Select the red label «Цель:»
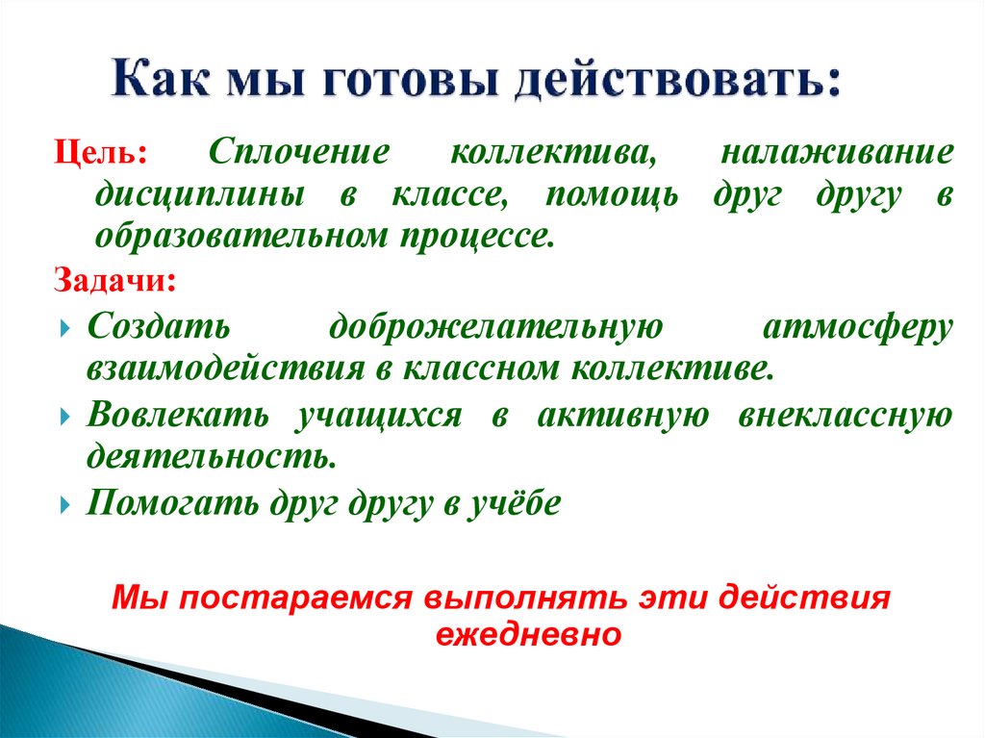pyautogui.click(x=100, y=154)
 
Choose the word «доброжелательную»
pyautogui.click(x=495, y=327)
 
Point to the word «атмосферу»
pyautogui.click(x=858, y=327)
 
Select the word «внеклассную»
pyautogui.click(x=846, y=415)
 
